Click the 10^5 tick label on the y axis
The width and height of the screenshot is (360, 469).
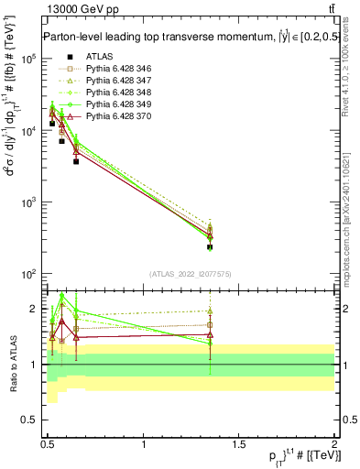tap(27, 59)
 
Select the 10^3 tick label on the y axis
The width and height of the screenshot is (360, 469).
tap(27, 202)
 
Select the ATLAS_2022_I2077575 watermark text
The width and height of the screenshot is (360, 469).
tap(190, 273)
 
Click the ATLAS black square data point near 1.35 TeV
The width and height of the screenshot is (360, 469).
tap(210, 247)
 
